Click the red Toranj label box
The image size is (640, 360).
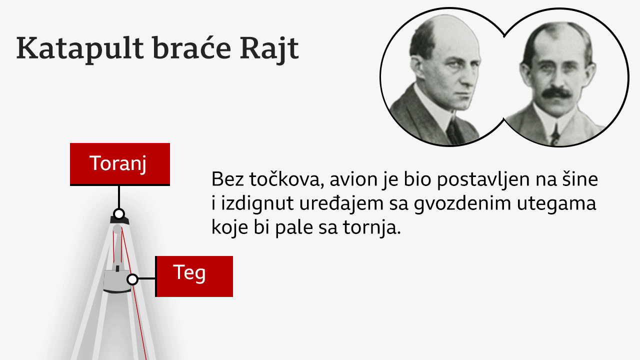(119, 164)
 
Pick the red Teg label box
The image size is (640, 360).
(194, 276)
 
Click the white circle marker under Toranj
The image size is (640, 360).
(118, 214)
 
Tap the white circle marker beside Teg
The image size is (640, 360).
(132, 279)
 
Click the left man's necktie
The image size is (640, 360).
(455, 131)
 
